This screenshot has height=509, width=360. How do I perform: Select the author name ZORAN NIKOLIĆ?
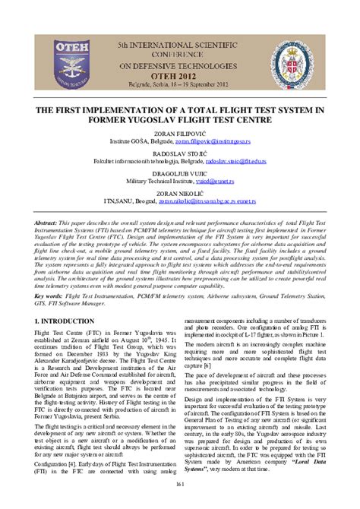(179, 194)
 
